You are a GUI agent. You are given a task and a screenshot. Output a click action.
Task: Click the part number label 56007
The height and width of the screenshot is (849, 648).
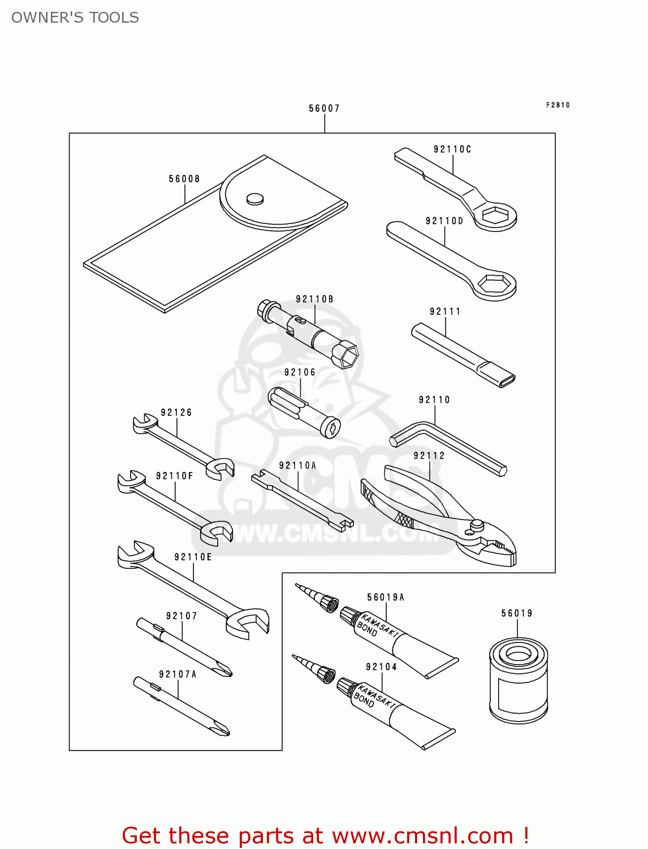pos(324,108)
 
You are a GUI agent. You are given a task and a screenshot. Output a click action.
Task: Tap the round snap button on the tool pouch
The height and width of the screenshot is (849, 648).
pos(255,198)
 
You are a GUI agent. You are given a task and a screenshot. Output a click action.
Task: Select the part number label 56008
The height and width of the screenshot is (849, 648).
pos(184,179)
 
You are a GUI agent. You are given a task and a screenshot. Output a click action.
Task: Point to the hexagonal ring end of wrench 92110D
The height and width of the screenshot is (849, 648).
pos(495,284)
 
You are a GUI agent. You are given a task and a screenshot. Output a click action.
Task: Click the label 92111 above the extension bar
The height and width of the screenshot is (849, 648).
pos(445,311)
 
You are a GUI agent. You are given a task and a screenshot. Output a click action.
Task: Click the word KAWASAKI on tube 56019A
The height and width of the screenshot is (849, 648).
pos(380,625)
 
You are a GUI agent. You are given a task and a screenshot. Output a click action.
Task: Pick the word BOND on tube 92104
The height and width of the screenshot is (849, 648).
pos(364,701)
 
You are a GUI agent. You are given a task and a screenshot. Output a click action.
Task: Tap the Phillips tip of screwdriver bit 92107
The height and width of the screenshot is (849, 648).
pos(224,671)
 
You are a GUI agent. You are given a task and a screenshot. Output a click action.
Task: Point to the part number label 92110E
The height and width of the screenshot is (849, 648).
pos(193,557)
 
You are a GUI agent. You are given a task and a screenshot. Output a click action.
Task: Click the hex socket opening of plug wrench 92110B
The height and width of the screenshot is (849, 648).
pos(345,355)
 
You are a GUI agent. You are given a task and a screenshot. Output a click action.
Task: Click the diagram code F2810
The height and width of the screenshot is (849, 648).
pos(558,105)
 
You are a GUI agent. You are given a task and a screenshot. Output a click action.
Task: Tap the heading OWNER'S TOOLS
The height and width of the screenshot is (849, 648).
pos(75,18)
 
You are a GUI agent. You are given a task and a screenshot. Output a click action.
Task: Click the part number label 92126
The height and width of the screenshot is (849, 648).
pos(176,413)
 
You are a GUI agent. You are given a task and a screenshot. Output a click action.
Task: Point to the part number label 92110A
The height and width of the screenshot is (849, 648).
pos(297,465)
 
